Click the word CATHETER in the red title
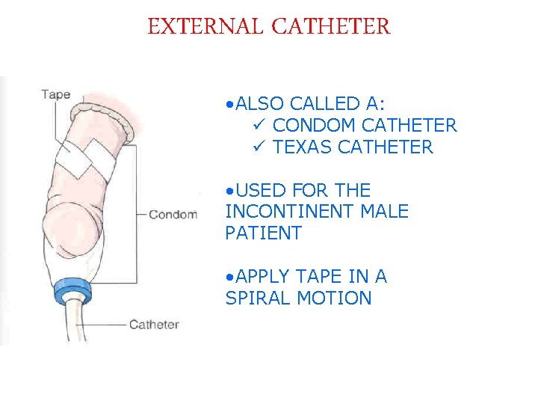(331, 27)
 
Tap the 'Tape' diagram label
(56, 94)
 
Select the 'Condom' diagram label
(173, 215)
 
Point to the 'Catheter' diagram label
(154, 324)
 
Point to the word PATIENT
(263, 233)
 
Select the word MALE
(385, 212)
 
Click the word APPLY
(262, 277)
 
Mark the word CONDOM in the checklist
(315, 125)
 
